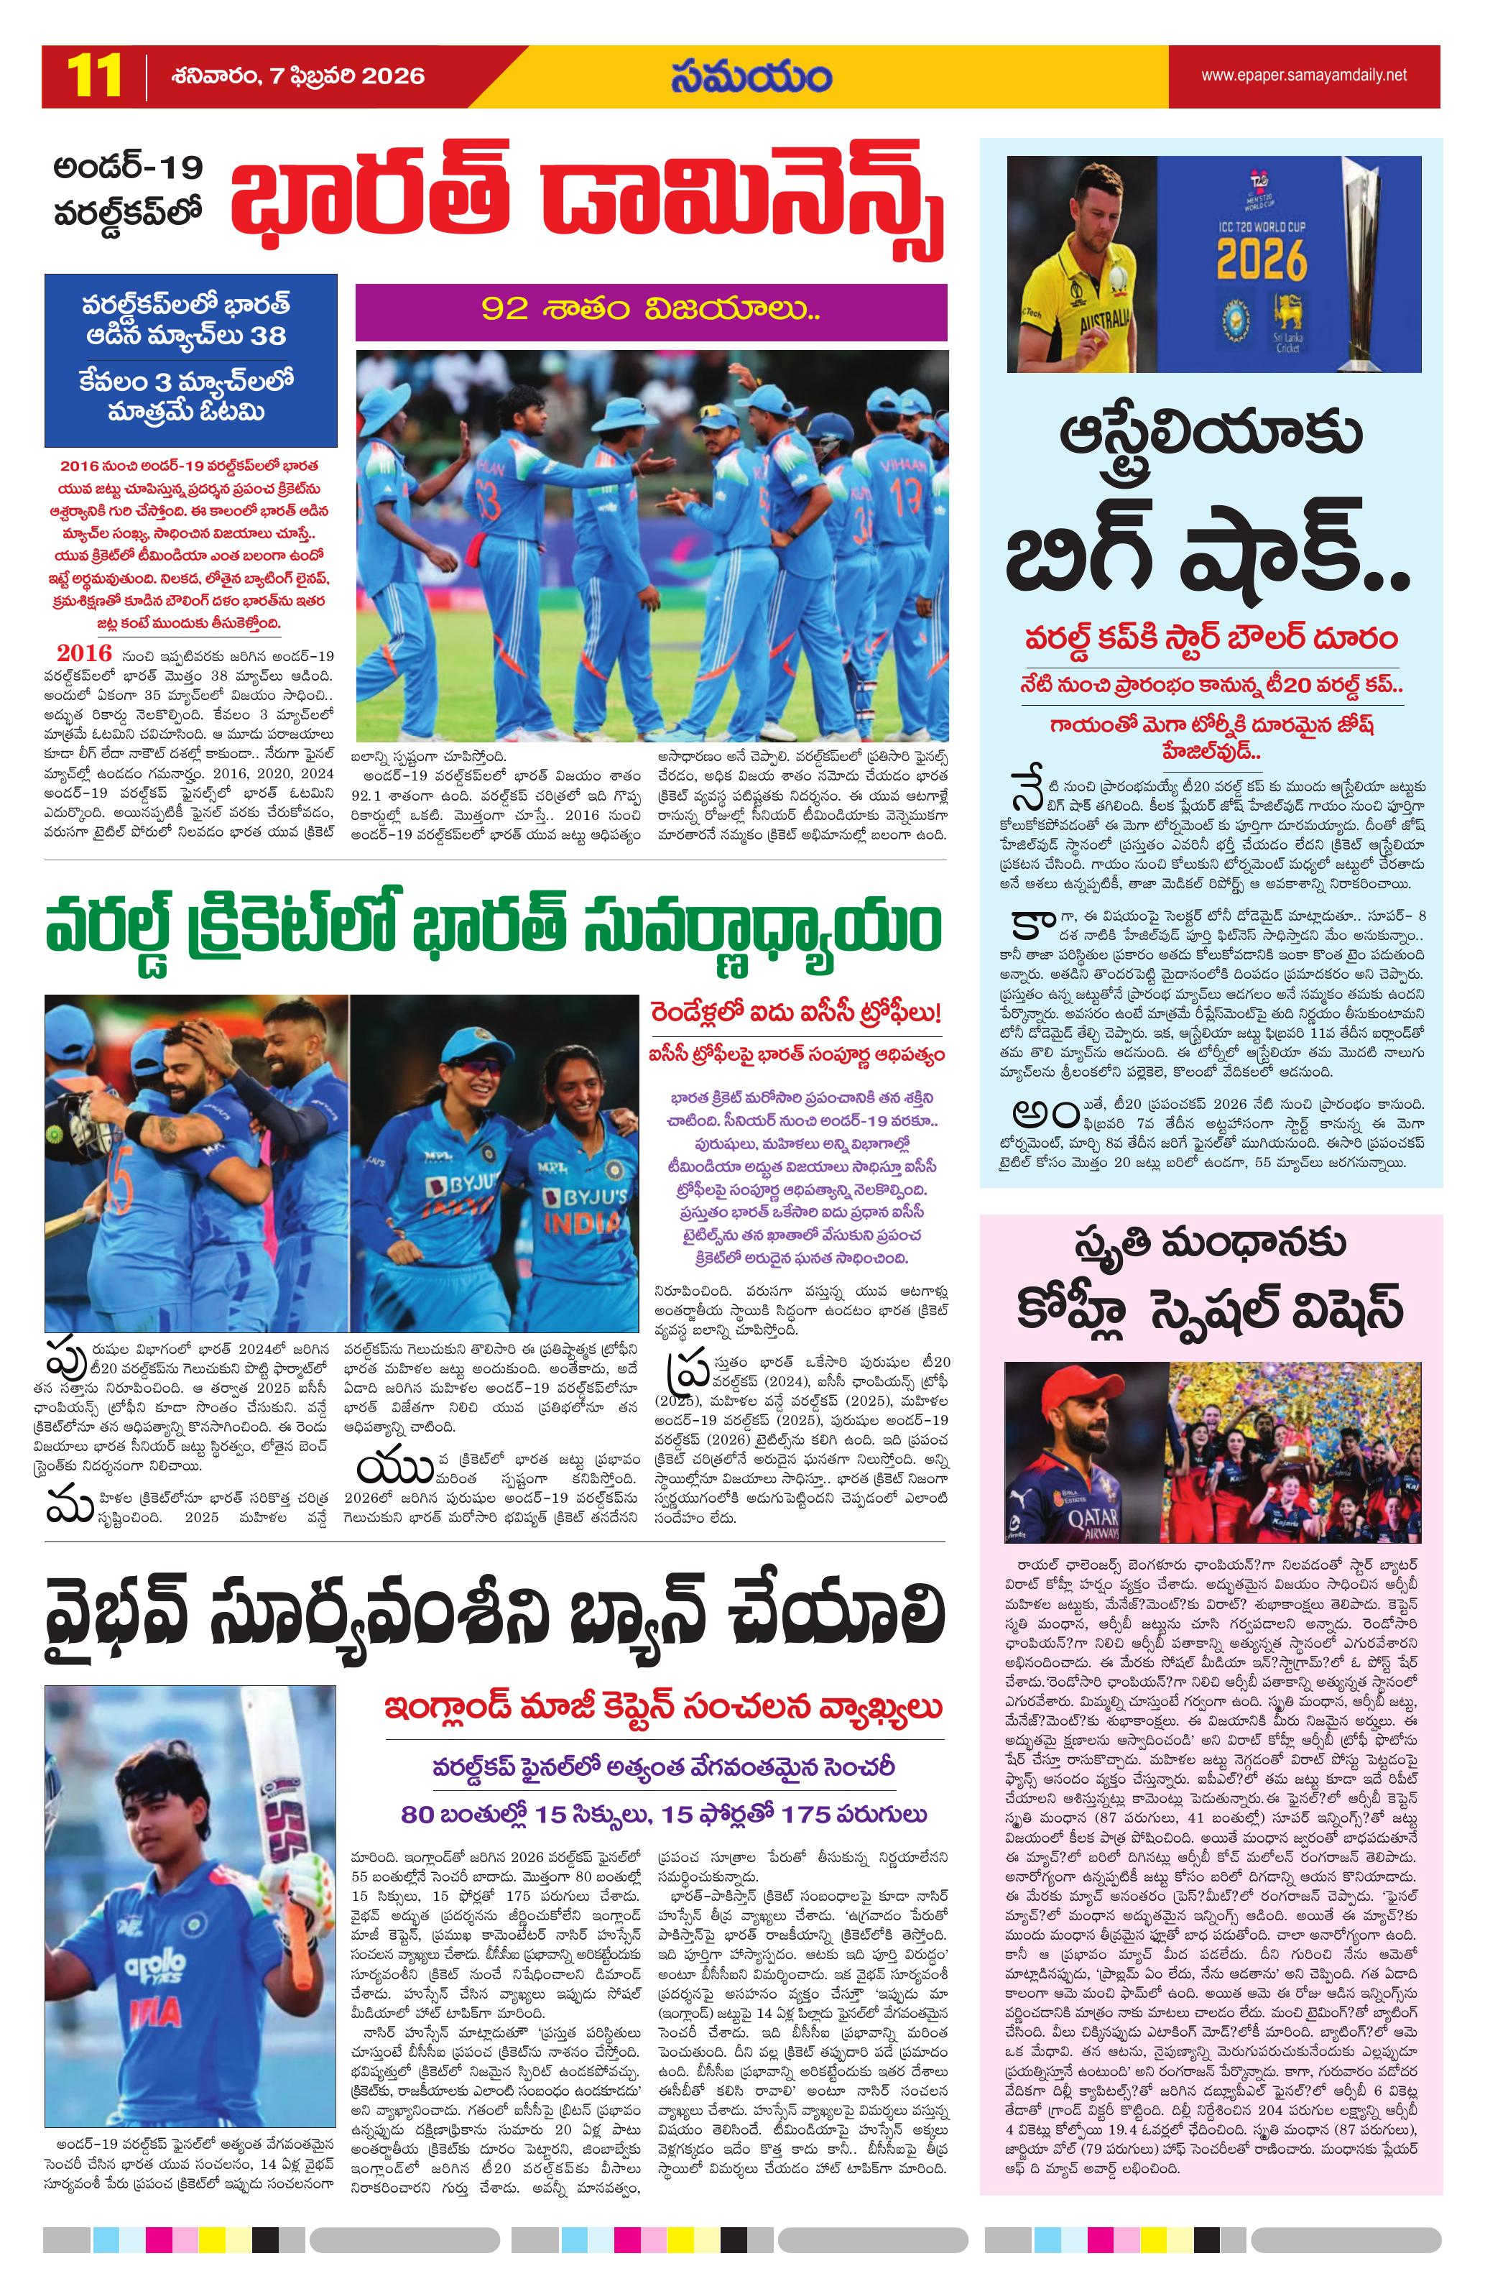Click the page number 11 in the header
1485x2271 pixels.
pyautogui.click(x=94, y=76)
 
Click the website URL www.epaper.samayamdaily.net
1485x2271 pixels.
pyautogui.click(x=1303, y=75)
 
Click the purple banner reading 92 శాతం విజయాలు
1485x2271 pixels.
pyautogui.click(x=650, y=310)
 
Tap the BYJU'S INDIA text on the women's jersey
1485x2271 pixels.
pyautogui.click(x=583, y=1207)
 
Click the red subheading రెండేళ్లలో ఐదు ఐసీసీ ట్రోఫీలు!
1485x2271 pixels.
pyautogui.click(x=797, y=1013)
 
